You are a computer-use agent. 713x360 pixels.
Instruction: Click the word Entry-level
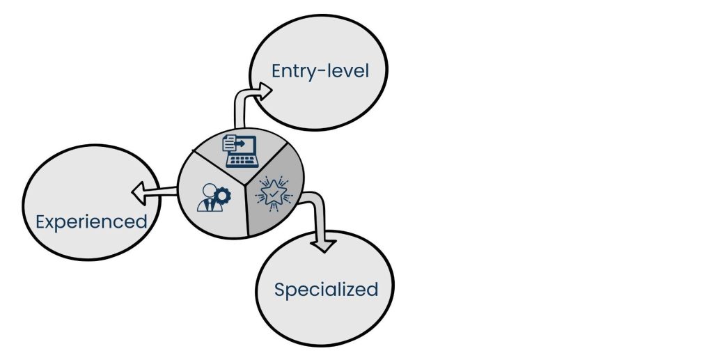click(320, 71)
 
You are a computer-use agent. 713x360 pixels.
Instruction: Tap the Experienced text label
click(91, 222)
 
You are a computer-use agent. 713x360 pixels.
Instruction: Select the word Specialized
click(326, 290)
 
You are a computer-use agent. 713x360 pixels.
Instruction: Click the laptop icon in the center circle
click(239, 151)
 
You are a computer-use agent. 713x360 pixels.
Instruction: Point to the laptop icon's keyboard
click(241, 160)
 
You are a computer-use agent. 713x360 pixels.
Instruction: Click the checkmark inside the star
click(272, 189)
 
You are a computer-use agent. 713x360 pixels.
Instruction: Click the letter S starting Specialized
click(280, 290)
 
